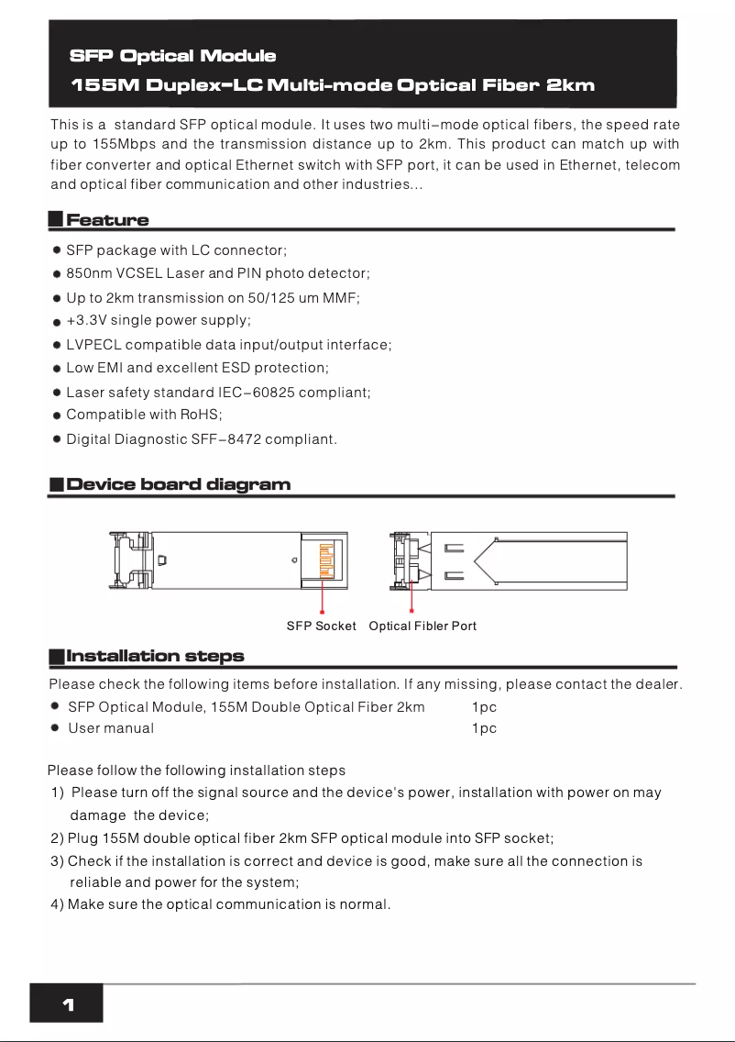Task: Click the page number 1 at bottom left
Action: (x=67, y=1005)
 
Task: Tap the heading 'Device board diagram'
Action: (x=179, y=484)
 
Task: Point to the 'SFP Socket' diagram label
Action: (x=321, y=626)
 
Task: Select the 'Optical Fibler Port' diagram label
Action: (x=422, y=626)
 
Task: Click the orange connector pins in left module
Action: (x=324, y=560)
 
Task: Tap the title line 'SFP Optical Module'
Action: (x=172, y=57)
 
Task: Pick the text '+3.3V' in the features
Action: (x=86, y=320)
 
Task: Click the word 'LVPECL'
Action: (x=93, y=345)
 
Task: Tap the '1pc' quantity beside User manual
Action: (x=484, y=728)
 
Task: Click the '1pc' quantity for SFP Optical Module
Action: (x=484, y=707)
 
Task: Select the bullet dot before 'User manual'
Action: (x=56, y=728)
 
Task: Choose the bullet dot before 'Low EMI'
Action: (x=56, y=369)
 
